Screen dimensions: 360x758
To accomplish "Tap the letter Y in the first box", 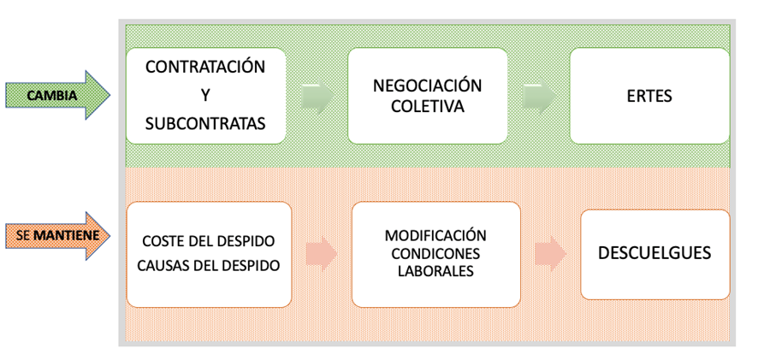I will click(x=204, y=95).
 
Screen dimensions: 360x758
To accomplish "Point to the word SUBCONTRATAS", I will click(x=205, y=123).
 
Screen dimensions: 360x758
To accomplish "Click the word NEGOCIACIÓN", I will click(x=428, y=86).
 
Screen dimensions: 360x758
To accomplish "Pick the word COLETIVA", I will click(x=428, y=107).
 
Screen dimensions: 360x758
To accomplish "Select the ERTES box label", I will click(x=649, y=96).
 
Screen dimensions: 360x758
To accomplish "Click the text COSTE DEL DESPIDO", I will click(x=209, y=241).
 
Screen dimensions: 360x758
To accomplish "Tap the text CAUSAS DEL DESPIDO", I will click(x=209, y=264).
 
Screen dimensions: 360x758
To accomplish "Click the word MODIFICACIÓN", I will click(x=435, y=235).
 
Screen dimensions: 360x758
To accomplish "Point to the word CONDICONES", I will click(x=435, y=254).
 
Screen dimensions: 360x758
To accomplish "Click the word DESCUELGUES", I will click(x=654, y=253).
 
